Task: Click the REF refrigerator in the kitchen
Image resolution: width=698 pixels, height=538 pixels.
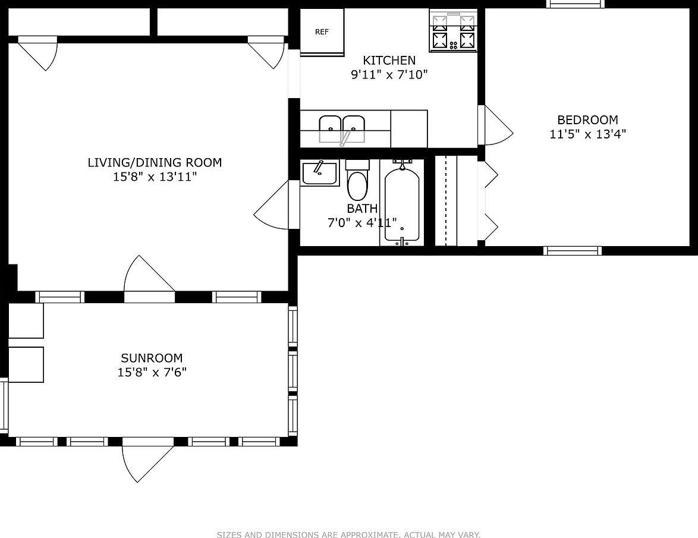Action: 322,32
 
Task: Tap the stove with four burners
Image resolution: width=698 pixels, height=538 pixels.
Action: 453,32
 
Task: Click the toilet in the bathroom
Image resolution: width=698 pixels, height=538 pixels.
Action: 357,181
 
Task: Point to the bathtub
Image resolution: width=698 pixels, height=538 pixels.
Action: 402,204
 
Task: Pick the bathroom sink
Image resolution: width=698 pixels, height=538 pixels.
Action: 319,173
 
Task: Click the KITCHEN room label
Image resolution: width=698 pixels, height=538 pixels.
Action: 389,61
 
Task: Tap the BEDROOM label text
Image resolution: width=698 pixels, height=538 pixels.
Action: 587,119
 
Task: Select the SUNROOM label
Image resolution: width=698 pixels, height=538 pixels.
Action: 152,358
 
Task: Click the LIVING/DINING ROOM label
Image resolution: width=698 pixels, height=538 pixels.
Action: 155,162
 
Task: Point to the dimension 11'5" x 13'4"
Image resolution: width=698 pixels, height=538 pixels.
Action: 587,134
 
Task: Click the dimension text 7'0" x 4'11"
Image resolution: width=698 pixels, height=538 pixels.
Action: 362,224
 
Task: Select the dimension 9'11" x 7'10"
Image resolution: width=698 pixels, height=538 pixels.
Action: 389,75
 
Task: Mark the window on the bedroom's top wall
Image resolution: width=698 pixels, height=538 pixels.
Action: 567,4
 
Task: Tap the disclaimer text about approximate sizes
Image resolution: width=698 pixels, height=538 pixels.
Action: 348,535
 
